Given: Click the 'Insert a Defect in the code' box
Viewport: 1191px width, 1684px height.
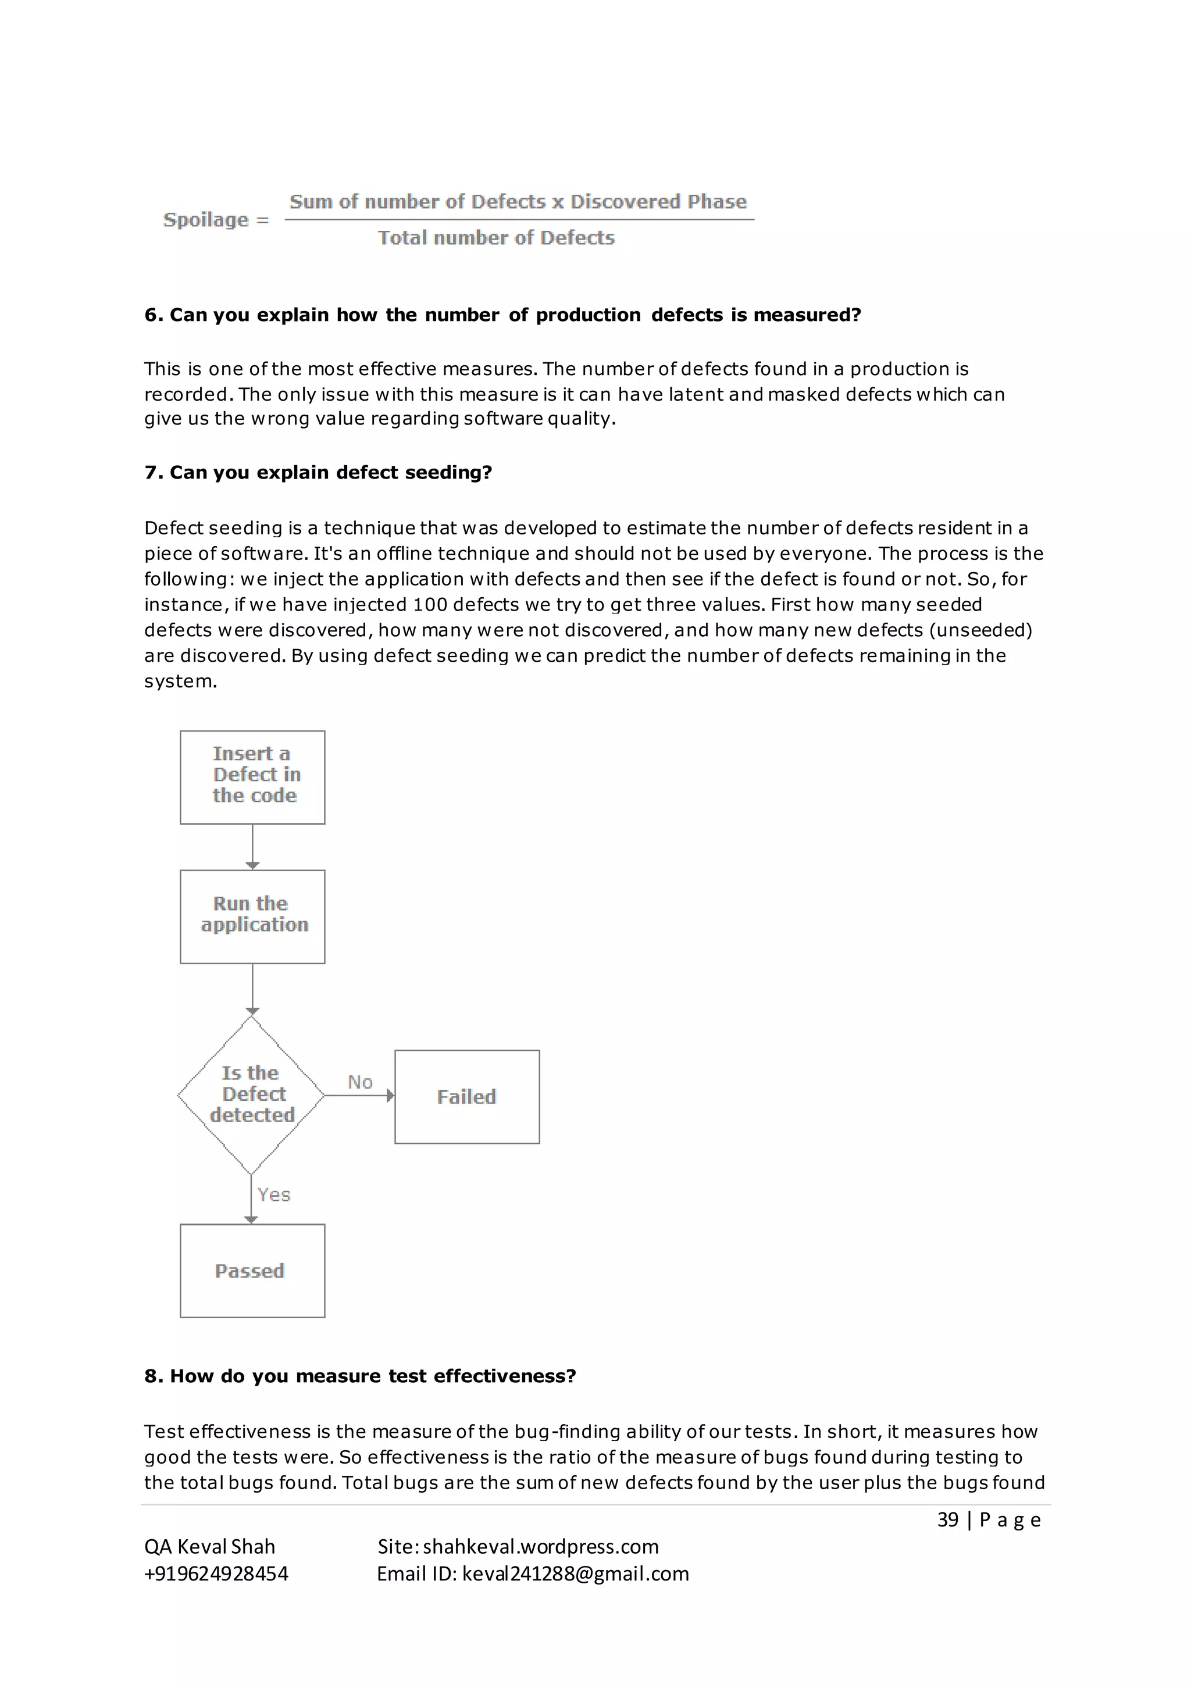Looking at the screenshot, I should (x=252, y=777).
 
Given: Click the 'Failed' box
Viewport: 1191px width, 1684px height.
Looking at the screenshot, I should (x=466, y=1097).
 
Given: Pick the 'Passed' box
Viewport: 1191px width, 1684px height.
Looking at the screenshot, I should (x=252, y=1271).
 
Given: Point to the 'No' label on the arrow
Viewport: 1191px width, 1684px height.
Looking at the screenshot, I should (x=360, y=1082).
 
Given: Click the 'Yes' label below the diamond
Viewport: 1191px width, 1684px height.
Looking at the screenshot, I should (x=273, y=1195).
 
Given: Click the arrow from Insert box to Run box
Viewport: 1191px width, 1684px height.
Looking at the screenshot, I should (x=252, y=847).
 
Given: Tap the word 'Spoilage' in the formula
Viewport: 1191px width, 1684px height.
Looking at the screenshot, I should (x=206, y=219).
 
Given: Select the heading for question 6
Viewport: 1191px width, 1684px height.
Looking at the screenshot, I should (x=502, y=315).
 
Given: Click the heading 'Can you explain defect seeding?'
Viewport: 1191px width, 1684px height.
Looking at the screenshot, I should (x=331, y=472).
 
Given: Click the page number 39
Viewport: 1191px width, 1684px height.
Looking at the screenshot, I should (x=947, y=1519).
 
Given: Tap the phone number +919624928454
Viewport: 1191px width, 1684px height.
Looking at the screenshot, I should (x=216, y=1574).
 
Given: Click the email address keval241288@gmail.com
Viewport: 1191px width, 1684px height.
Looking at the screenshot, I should (x=576, y=1574).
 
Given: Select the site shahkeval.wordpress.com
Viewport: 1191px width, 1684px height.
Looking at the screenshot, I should (x=540, y=1547).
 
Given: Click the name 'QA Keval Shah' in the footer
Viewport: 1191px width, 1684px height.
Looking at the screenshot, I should (x=210, y=1547).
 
